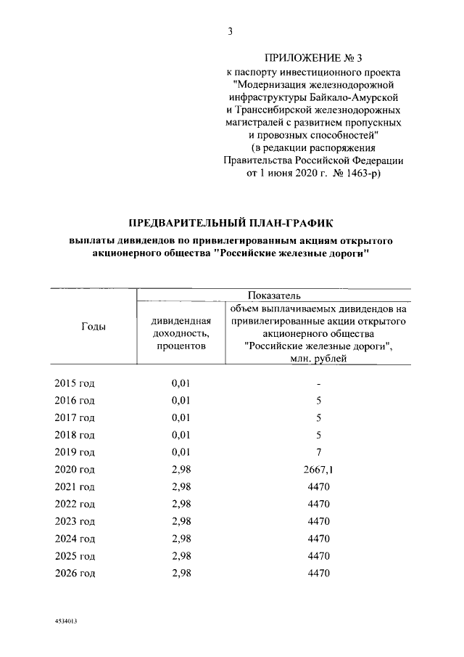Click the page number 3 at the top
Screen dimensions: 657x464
[231, 30]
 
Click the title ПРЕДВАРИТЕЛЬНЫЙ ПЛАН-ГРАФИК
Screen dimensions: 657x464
[231, 222]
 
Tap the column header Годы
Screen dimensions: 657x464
[92, 327]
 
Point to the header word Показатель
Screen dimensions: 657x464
[273, 295]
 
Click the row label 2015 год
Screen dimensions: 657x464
[75, 383]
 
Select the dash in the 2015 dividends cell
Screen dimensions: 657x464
[318, 383]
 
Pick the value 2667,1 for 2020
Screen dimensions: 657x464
[318, 469]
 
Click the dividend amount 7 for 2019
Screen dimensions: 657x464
[318, 452]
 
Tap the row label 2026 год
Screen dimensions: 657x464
[75, 573]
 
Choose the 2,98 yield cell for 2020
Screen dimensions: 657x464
[181, 469]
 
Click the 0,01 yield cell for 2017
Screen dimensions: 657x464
[181, 417]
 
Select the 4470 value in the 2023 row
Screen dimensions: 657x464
[318, 521]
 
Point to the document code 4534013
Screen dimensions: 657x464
[65, 622]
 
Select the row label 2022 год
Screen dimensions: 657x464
[75, 504]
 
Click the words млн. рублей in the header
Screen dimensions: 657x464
[318, 358]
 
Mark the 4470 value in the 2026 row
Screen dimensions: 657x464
[318, 573]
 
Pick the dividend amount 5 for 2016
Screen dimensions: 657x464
[318, 400]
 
